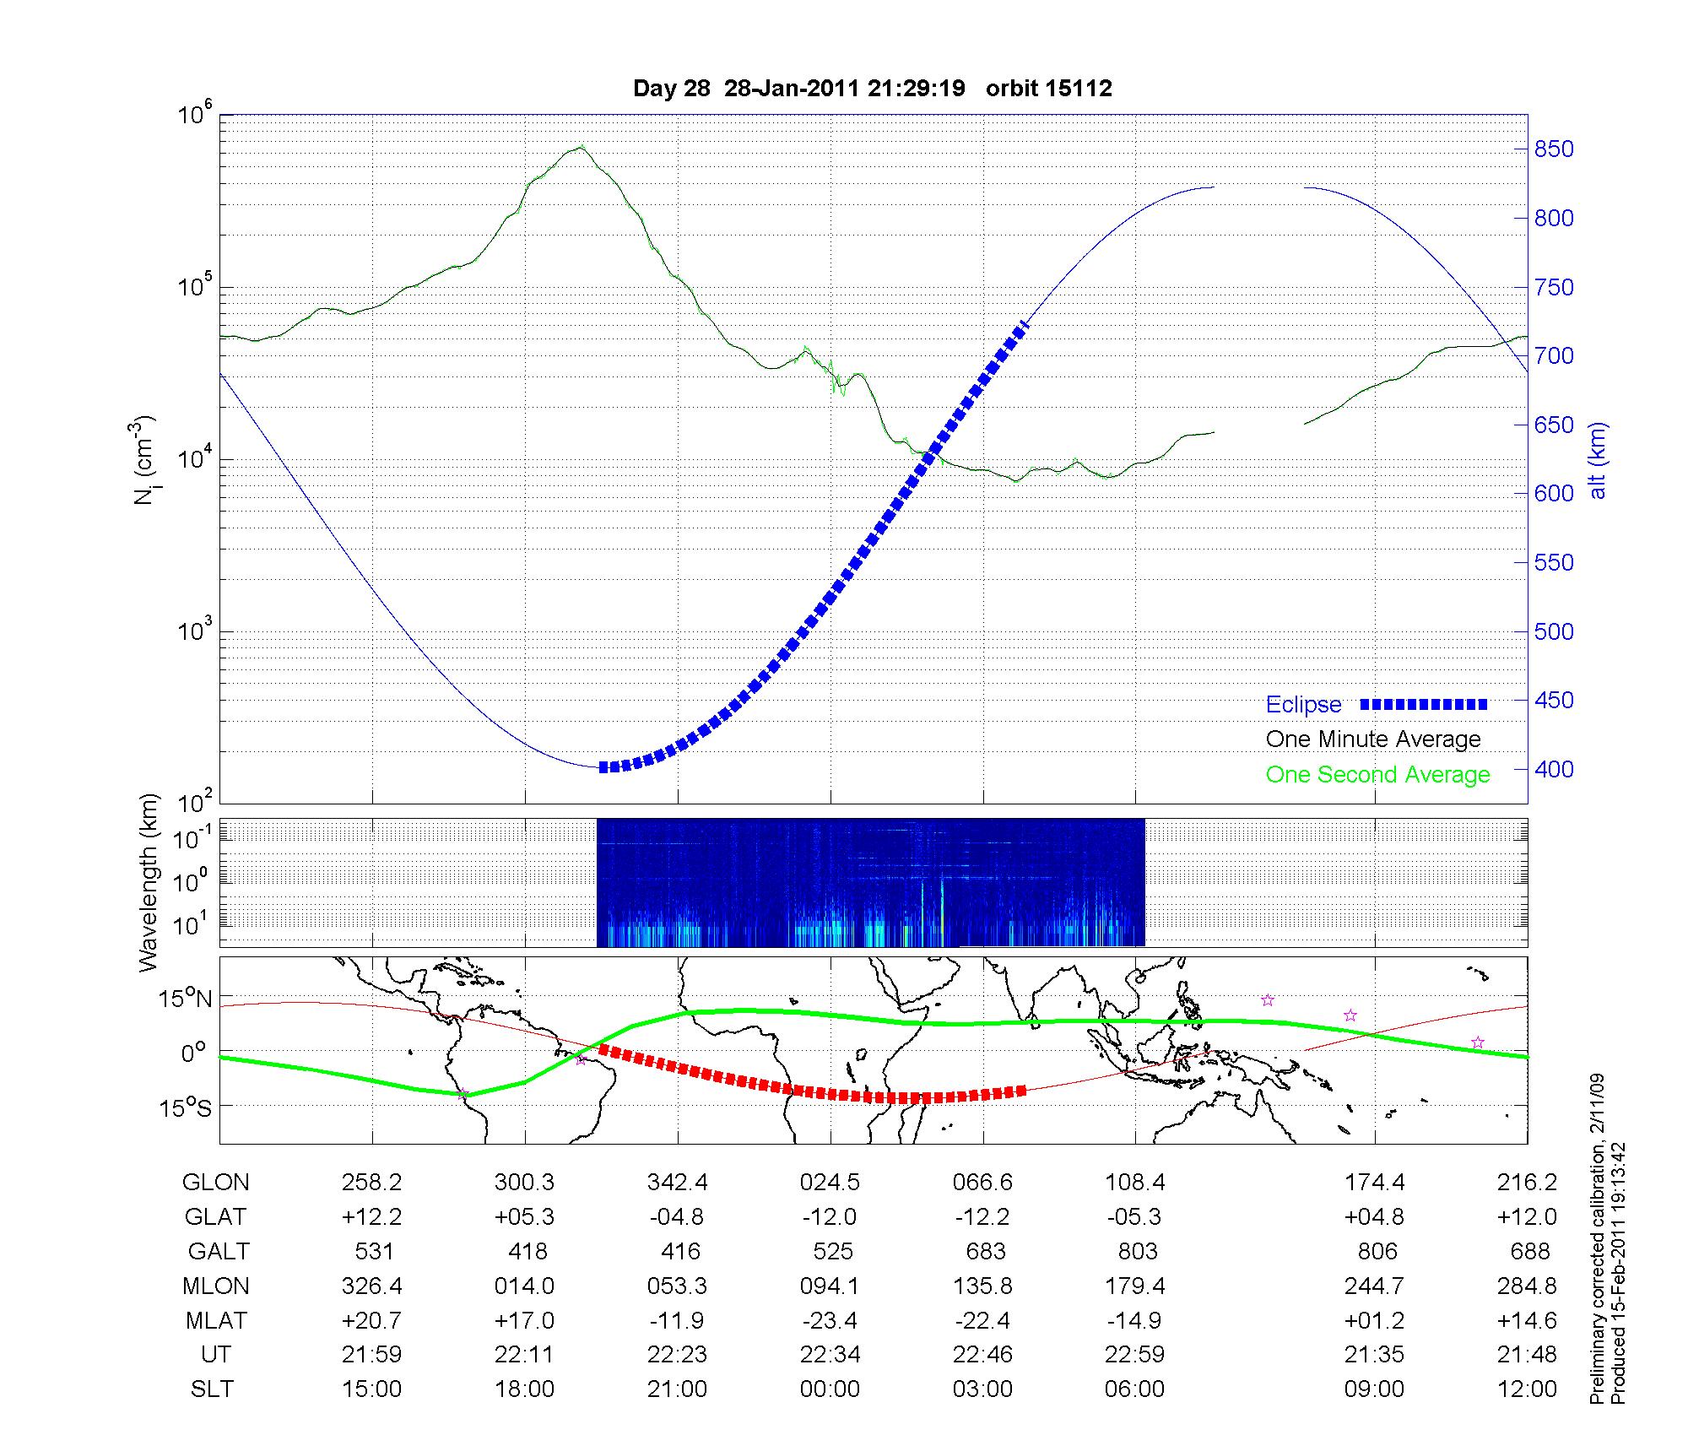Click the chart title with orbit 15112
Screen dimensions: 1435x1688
click(872, 89)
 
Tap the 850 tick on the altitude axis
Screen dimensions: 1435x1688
click(1553, 149)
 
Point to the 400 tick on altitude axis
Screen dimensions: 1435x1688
click(1553, 769)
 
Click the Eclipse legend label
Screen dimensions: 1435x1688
click(1303, 705)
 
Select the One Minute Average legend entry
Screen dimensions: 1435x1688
click(1373, 739)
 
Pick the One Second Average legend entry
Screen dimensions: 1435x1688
click(1377, 775)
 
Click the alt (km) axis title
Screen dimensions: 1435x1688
click(1598, 460)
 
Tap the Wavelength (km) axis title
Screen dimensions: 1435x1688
click(149, 882)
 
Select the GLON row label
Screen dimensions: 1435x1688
click(216, 1183)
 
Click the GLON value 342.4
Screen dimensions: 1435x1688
click(678, 1183)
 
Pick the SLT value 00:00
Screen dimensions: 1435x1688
click(830, 1389)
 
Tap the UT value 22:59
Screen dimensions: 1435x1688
click(1135, 1355)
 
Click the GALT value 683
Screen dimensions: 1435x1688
click(985, 1251)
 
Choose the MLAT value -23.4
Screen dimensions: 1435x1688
click(830, 1320)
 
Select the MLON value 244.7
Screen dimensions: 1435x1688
click(1374, 1286)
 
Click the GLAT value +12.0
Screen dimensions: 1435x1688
click(1527, 1217)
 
